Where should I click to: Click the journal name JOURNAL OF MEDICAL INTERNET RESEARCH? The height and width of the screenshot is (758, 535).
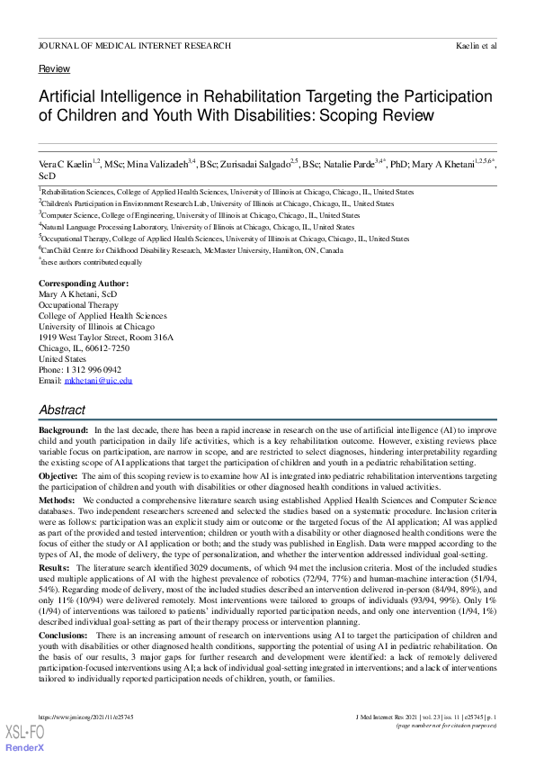click(x=134, y=45)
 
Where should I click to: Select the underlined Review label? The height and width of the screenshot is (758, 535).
click(x=54, y=69)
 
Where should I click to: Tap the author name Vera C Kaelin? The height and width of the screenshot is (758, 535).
click(x=65, y=165)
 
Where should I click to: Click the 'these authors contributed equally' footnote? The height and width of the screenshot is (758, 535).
click(x=93, y=262)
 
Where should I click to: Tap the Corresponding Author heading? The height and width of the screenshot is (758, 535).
click(x=84, y=284)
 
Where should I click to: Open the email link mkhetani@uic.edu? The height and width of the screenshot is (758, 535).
click(x=98, y=381)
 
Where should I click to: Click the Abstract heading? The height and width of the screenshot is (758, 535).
click(x=62, y=410)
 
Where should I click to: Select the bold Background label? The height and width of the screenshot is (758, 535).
click(x=63, y=432)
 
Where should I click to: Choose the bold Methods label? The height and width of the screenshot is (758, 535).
click(x=57, y=499)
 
